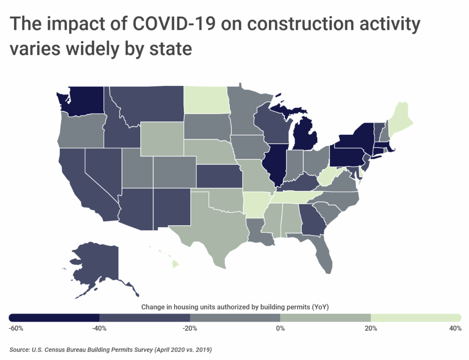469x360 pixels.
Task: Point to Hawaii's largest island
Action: [x=175, y=264]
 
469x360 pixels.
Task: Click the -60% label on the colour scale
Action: [x=16, y=328]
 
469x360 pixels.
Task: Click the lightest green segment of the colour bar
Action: [x=416, y=317]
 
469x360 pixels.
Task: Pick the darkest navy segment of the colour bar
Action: [x=54, y=317]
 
